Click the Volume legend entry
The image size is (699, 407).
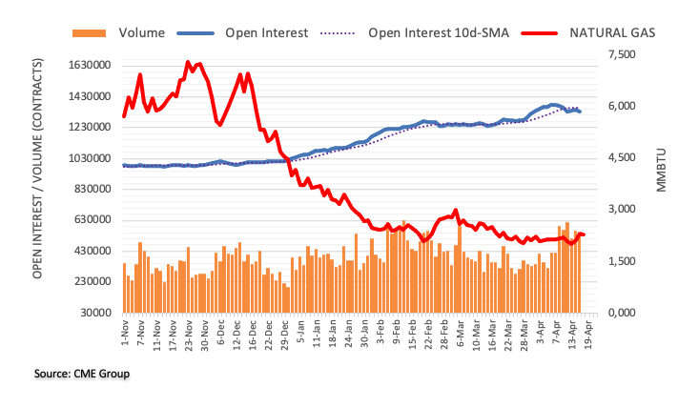point(141,33)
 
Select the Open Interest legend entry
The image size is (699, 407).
point(266,33)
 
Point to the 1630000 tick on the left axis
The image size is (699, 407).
point(90,66)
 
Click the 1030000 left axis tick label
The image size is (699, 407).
point(90,158)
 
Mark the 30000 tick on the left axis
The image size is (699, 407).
point(95,313)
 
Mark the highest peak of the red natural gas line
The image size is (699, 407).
point(188,62)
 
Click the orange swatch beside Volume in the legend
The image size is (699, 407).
point(92,33)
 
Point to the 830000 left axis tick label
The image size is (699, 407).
point(93,189)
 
